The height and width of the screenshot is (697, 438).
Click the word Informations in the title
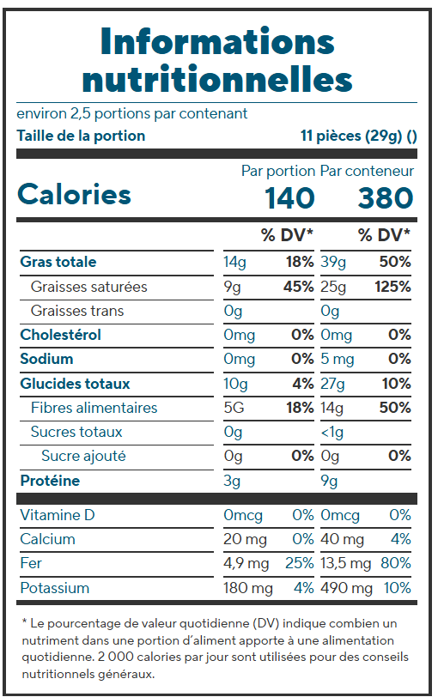(217, 41)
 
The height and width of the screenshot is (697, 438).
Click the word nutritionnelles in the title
(217, 79)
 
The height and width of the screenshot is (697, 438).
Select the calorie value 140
(290, 197)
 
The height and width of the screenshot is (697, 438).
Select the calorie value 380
(386, 197)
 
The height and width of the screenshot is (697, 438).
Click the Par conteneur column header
(367, 171)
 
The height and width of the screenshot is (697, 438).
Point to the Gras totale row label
(58, 262)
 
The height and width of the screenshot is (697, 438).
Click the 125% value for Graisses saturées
(392, 287)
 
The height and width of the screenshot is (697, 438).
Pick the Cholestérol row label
(60, 335)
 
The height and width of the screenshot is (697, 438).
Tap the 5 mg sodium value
(337, 359)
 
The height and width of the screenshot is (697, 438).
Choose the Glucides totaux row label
(76, 384)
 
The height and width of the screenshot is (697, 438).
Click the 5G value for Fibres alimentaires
(234, 408)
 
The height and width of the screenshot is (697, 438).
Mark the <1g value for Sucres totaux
(332, 432)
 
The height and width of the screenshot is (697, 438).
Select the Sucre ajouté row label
(83, 456)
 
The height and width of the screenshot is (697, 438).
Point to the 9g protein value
(329, 481)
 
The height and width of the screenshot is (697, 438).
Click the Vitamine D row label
(58, 515)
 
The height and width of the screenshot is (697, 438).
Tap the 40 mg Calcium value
(342, 539)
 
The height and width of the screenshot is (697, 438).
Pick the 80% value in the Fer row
(395, 563)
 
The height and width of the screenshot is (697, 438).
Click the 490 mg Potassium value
(346, 588)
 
